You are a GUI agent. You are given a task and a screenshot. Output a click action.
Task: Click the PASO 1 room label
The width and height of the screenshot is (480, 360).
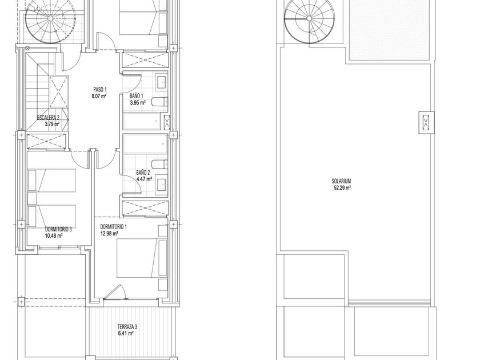[100, 90]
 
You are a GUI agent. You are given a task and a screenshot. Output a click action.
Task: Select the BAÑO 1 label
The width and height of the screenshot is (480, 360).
[136, 96]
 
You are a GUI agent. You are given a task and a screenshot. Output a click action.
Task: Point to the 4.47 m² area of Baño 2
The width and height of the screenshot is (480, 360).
[145, 179]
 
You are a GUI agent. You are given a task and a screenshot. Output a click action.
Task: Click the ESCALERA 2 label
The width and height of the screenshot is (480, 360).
[48, 117]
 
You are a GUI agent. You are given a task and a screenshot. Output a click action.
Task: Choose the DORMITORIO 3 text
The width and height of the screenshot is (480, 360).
[58, 229]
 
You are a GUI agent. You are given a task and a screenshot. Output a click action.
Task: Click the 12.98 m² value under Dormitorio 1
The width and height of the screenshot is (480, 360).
[109, 234]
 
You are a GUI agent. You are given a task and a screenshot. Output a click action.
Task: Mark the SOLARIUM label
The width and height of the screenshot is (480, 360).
[341, 181]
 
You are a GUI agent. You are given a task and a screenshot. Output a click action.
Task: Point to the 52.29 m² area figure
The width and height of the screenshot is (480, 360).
[342, 188]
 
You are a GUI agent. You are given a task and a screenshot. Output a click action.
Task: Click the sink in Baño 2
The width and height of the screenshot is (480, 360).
[162, 184]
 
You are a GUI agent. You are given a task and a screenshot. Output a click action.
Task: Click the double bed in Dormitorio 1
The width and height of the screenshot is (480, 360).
[142, 258]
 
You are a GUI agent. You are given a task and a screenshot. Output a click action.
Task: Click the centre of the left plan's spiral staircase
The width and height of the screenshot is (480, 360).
[50, 19]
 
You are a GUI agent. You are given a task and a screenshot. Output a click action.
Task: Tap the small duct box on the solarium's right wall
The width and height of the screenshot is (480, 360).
[426, 122]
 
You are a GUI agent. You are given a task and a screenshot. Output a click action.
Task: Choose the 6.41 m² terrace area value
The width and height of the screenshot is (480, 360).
[126, 333]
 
